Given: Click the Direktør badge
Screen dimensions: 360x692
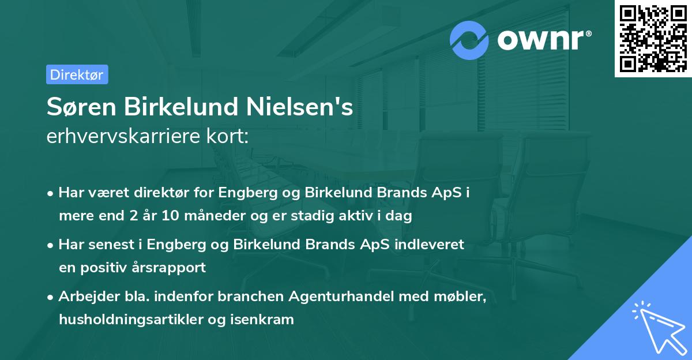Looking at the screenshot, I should (x=77, y=74).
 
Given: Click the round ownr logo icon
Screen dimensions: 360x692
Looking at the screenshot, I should (x=469, y=40).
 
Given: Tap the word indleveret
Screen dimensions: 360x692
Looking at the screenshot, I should (x=428, y=245).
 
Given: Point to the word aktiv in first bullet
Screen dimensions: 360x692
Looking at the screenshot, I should (x=372, y=216).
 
